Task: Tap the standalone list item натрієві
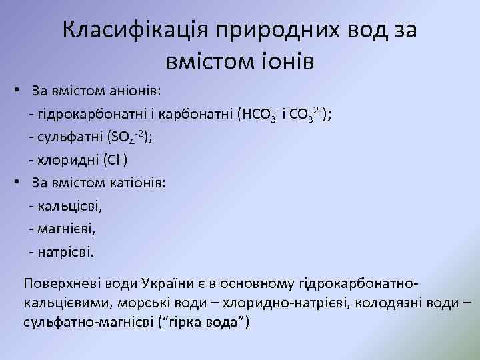pos(66,253)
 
